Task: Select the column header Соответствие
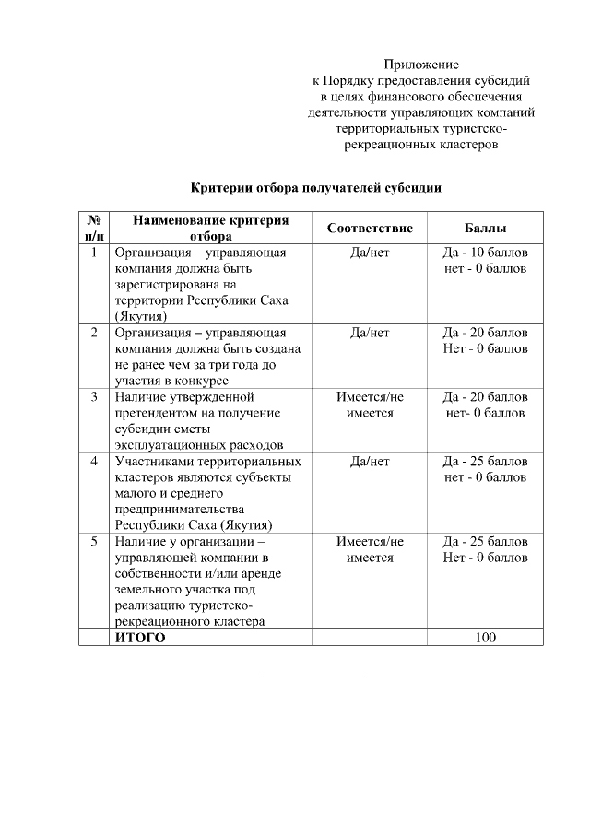click(x=370, y=228)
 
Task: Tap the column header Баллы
click(x=486, y=228)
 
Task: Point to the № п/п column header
click(x=94, y=228)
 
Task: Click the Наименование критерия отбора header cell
click(x=211, y=228)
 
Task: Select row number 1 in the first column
click(x=94, y=253)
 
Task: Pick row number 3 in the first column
click(x=94, y=396)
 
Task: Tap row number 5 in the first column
click(x=94, y=541)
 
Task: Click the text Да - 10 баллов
click(x=486, y=253)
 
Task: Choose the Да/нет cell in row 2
click(x=370, y=333)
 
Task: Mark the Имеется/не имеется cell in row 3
click(x=370, y=405)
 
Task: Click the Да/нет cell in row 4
click(x=370, y=461)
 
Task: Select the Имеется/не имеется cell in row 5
click(x=370, y=549)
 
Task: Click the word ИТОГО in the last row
click(x=140, y=637)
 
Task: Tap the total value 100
click(x=486, y=637)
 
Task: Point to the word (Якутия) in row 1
click(x=140, y=316)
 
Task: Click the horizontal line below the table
click(x=315, y=675)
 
